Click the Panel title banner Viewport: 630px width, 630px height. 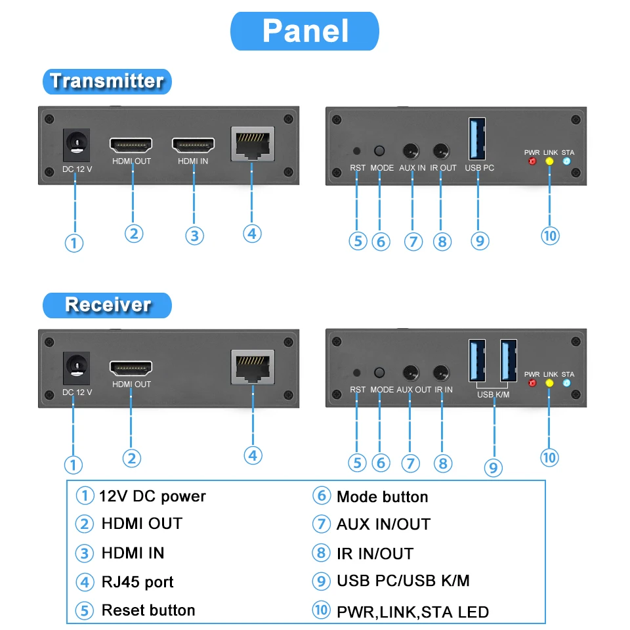(x=304, y=31)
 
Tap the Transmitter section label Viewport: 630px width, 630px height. (x=107, y=81)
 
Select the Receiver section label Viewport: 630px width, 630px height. (x=107, y=304)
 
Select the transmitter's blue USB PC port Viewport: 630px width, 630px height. (x=478, y=138)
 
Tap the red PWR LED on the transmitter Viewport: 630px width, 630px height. (x=532, y=161)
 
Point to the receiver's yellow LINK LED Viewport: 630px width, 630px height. (x=550, y=383)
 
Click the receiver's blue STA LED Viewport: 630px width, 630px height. (x=568, y=383)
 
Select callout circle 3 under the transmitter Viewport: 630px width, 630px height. (x=194, y=236)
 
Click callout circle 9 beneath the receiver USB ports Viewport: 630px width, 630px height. (x=493, y=467)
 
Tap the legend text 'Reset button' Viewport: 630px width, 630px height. (x=148, y=610)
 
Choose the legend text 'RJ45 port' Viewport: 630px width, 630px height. (x=138, y=582)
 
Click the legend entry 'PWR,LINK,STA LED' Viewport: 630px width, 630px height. (x=413, y=612)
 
